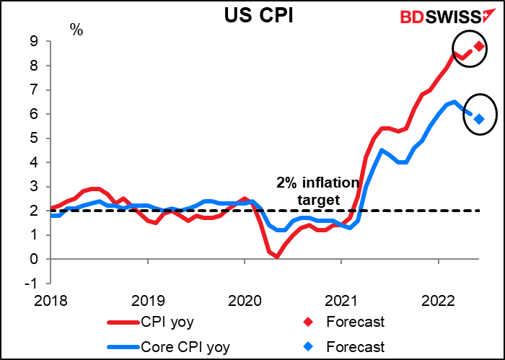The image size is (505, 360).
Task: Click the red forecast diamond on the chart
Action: (479, 47)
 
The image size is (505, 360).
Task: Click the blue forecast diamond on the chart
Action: (479, 118)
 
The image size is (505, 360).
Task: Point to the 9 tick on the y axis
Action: (33, 42)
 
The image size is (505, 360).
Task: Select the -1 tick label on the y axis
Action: (31, 284)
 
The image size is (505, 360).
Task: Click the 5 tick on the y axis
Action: (33, 139)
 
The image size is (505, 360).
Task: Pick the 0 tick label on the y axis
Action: (33, 259)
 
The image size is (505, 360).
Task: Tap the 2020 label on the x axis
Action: (245, 297)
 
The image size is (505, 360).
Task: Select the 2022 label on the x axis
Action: (438, 297)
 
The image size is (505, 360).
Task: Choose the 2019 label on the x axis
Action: (148, 297)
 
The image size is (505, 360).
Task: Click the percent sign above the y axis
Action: (76, 30)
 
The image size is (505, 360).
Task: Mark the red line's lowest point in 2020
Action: (277, 256)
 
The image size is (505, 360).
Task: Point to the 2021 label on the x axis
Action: (341, 297)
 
